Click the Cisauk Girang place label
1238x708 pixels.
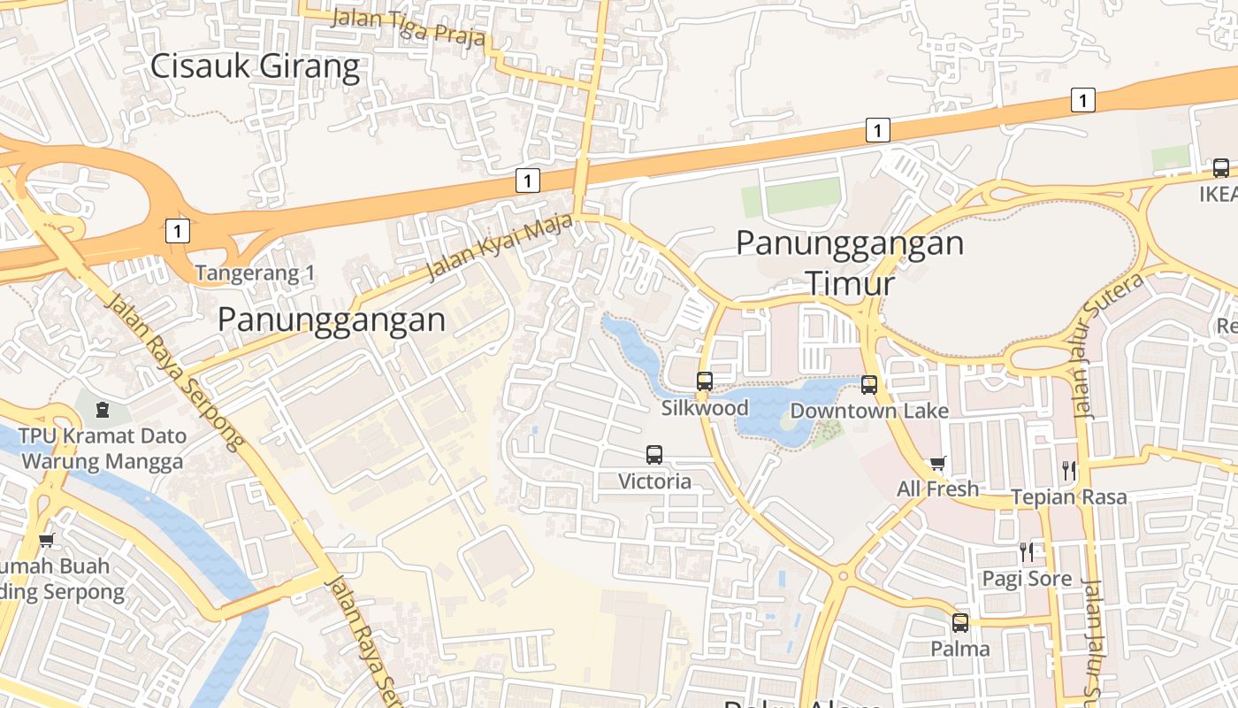256,66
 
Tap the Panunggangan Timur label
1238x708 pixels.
850,263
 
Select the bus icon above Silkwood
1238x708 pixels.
705,381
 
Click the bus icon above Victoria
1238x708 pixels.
654,455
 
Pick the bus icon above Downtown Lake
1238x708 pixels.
869,384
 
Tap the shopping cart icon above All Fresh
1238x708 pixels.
938,464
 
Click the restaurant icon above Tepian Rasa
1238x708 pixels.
1070,471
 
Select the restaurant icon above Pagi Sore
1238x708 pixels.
1027,552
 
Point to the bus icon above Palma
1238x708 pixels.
960,622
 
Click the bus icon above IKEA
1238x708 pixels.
1221,167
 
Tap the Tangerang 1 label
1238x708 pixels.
255,273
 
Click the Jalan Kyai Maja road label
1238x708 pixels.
499,250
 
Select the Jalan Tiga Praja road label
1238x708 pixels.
409,27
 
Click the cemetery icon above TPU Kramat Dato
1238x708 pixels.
103,410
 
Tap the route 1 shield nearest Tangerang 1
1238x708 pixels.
178,232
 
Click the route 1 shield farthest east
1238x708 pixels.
1082,100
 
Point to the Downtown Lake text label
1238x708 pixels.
869,411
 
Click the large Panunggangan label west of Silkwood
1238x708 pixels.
332,319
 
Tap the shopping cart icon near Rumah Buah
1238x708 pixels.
46,540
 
